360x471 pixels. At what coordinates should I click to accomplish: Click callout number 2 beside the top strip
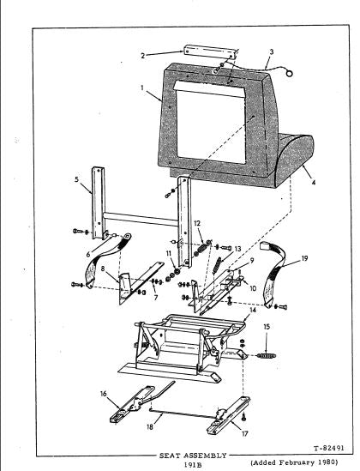coord(143,56)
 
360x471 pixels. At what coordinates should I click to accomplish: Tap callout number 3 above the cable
coord(272,51)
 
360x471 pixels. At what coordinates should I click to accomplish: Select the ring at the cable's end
coord(289,73)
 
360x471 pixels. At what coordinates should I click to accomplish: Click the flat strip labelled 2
coord(210,52)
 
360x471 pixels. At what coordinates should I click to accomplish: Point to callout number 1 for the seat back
coord(142,88)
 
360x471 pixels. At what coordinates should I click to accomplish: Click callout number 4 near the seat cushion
coord(314,183)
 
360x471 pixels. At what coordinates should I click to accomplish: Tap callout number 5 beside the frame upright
coord(77,179)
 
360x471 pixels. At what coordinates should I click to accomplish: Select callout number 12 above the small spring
coord(197,223)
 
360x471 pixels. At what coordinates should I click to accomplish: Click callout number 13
coord(237,249)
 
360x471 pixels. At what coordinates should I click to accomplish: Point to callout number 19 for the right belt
coord(304,258)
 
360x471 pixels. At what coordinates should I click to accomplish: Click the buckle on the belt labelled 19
coord(265,245)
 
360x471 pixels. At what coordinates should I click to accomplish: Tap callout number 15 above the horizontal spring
coord(267,327)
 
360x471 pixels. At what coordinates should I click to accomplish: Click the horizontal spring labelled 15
coord(267,356)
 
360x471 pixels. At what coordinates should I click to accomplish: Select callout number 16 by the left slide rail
coord(103,394)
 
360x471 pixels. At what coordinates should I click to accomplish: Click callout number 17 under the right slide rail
coord(245,433)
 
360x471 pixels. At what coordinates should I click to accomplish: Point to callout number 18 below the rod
coord(150,427)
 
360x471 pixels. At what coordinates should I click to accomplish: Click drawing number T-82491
coord(329,448)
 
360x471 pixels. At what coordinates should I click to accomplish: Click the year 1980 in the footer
coord(327,462)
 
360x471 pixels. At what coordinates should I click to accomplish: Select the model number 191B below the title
coord(193,465)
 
